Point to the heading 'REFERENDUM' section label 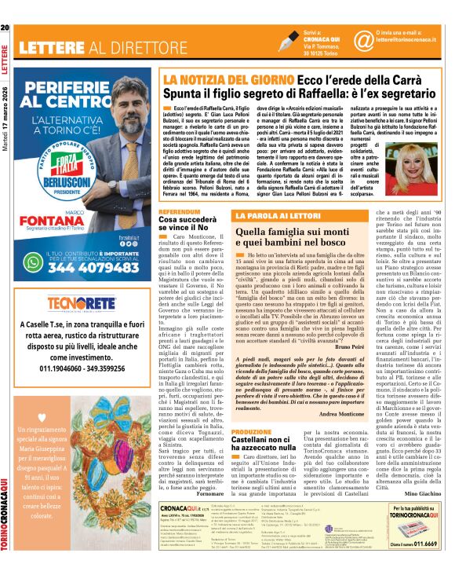tap(178, 190)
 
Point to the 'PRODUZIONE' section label tap(252, 431)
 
